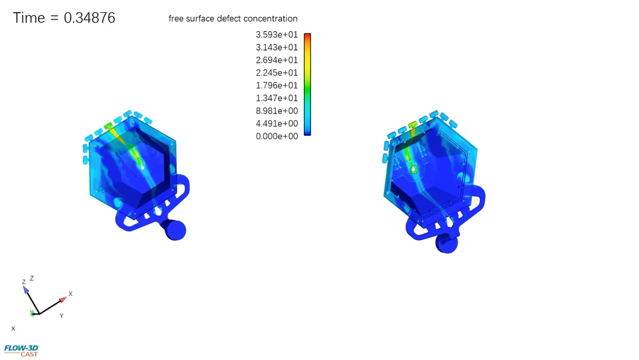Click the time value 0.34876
(x=89, y=18)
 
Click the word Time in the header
(x=29, y=18)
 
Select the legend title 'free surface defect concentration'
(x=233, y=19)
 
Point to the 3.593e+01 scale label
(x=277, y=34)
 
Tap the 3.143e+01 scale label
(x=277, y=47)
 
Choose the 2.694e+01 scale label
(x=277, y=60)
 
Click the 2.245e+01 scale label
(x=277, y=72)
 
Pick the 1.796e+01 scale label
(x=277, y=85)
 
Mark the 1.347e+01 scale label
(x=277, y=98)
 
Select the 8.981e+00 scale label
(x=277, y=111)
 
